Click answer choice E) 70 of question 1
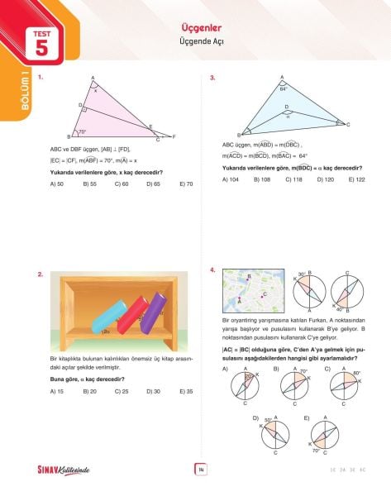coord(185,184)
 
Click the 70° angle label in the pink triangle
coord(82,131)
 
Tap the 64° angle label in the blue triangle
coord(283,88)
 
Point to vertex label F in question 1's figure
coord(184,135)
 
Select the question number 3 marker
coord(213,78)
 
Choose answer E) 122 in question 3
coord(357,179)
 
